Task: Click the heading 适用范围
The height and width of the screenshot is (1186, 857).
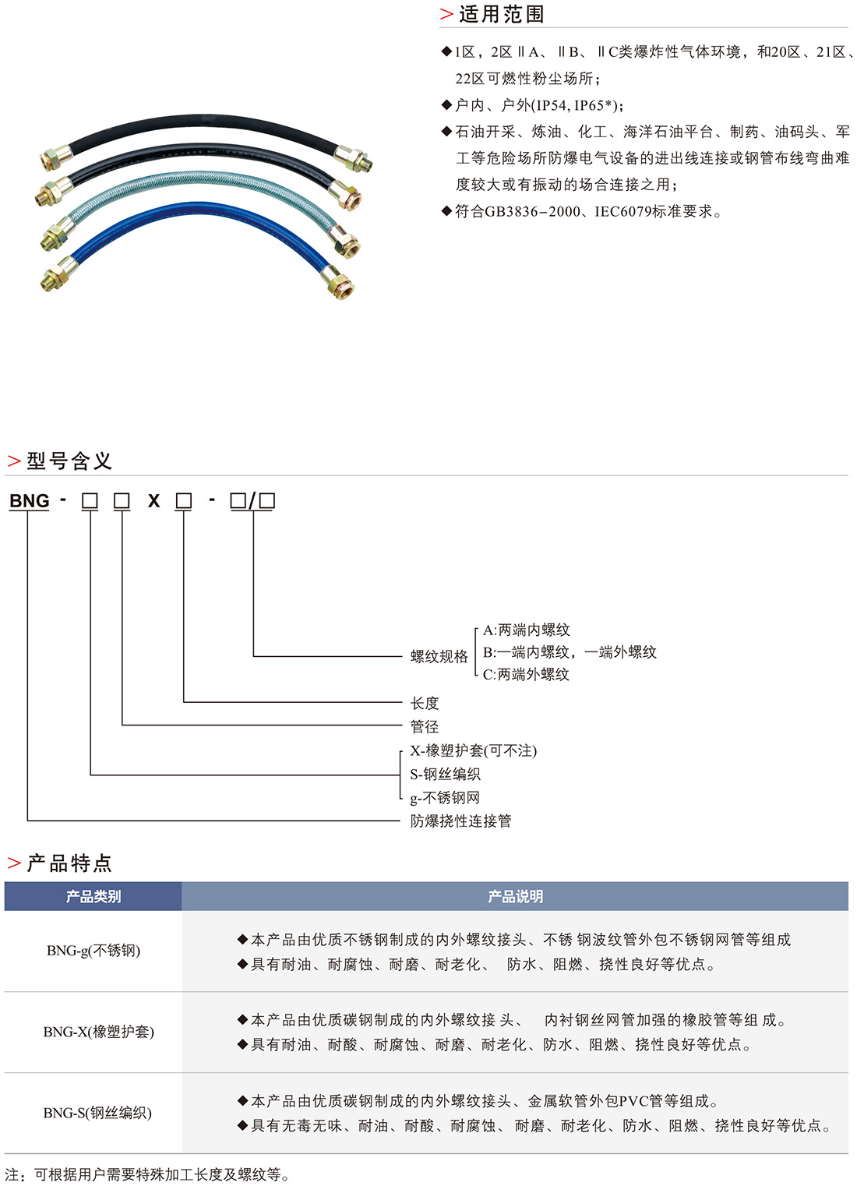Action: (501, 15)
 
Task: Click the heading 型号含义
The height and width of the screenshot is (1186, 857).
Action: (69, 461)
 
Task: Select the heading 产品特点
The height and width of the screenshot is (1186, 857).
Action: (69, 863)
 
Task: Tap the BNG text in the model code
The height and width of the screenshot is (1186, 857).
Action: (30, 501)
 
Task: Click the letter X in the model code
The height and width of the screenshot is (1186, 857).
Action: (153, 501)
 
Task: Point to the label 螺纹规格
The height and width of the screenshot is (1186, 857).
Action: (439, 657)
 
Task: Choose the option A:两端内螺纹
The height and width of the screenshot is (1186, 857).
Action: (527, 630)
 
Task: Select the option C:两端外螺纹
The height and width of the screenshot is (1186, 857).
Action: (526, 675)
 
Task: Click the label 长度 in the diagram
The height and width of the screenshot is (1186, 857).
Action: (425, 703)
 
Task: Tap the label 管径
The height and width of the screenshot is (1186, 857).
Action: (425, 726)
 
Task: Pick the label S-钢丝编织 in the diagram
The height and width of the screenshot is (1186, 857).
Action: (446, 774)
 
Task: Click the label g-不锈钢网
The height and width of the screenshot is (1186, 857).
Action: (445, 798)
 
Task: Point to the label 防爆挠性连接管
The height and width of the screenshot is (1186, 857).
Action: (461, 821)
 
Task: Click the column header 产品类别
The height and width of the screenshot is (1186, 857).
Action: (93, 897)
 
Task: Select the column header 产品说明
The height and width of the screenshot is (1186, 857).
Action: (515, 897)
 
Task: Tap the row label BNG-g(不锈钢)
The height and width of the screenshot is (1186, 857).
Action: (93, 951)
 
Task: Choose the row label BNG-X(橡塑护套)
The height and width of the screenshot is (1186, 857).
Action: (99, 1032)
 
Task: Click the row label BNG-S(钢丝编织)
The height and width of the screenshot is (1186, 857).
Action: (97, 1113)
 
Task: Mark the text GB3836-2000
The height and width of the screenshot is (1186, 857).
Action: (532, 211)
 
